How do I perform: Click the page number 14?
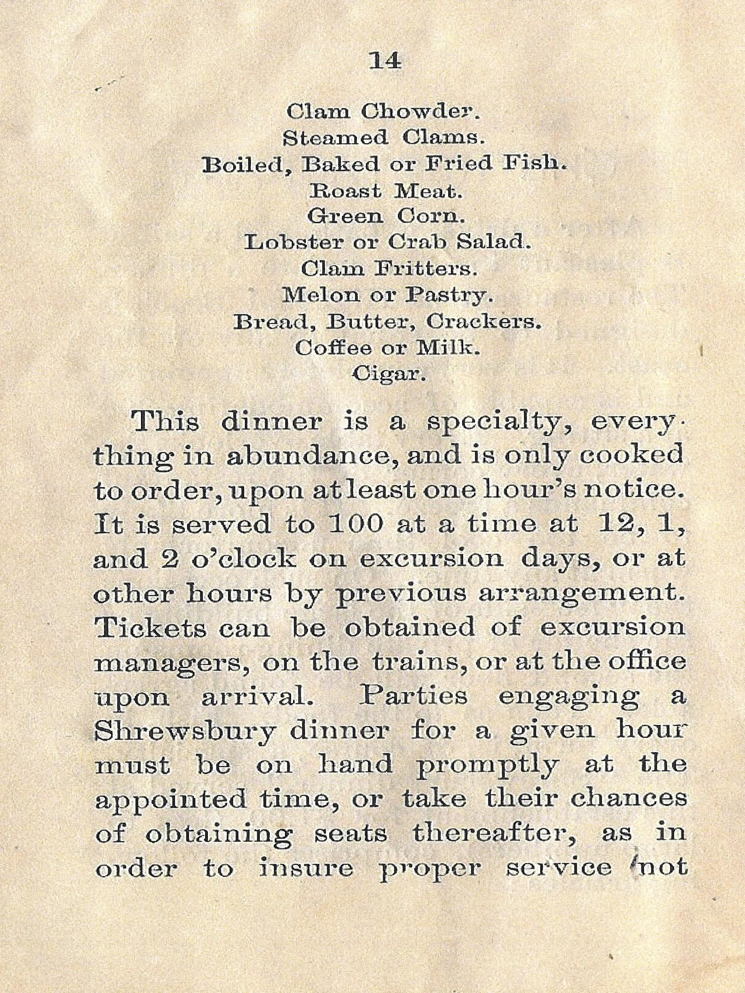[385, 61]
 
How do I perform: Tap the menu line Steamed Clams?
[384, 138]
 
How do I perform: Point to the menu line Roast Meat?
[385, 191]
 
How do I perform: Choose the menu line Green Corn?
[385, 216]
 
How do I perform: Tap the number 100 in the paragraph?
[356, 524]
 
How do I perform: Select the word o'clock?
[244, 559]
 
